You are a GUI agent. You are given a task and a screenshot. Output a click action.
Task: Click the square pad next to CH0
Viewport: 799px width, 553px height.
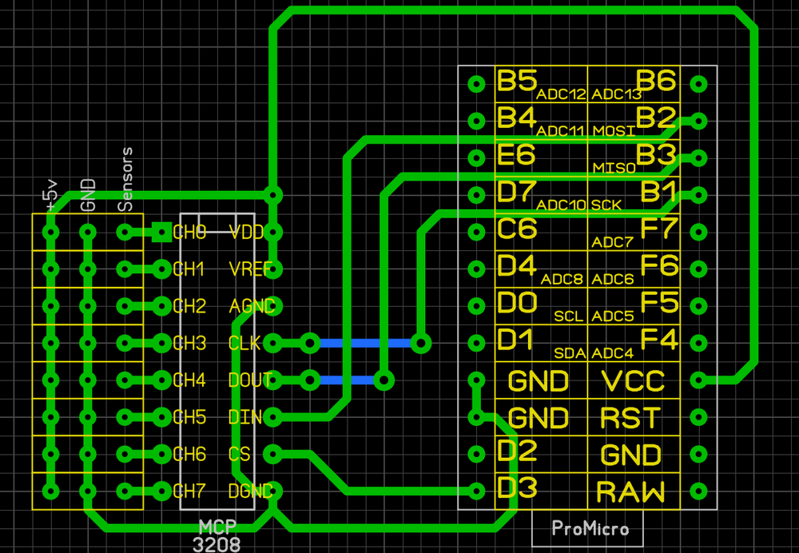click(161, 232)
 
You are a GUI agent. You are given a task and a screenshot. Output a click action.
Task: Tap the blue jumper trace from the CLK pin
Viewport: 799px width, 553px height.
click(366, 343)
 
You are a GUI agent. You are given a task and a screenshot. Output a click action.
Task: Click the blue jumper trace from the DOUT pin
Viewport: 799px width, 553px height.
click(347, 380)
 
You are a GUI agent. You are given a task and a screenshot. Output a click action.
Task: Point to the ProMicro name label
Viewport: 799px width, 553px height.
click(590, 528)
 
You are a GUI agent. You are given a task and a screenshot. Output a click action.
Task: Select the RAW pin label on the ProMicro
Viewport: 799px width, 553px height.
click(630, 491)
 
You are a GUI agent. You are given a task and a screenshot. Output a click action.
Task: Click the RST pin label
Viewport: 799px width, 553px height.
click(630, 417)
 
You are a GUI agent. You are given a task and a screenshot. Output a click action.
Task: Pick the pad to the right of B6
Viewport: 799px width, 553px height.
click(698, 83)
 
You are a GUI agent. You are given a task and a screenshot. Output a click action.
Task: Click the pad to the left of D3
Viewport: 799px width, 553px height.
click(477, 491)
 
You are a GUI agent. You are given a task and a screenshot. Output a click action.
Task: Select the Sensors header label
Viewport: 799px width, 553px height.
click(125, 180)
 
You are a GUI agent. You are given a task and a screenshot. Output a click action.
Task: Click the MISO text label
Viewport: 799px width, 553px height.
click(614, 169)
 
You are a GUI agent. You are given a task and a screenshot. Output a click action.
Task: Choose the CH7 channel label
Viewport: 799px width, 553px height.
click(189, 490)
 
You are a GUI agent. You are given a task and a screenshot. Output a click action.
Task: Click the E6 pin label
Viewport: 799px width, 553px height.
click(516, 154)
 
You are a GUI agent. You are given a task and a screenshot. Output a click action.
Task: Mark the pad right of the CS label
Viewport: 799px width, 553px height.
click(273, 454)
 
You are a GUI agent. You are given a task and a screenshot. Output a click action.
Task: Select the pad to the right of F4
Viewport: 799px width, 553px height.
click(698, 343)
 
